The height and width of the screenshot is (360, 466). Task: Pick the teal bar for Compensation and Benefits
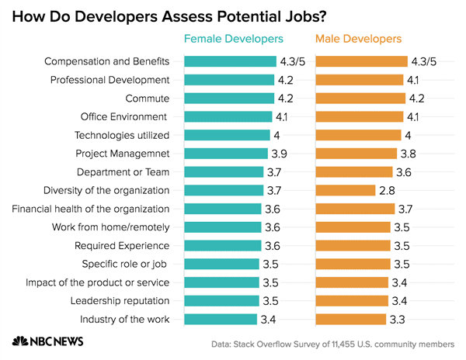(229, 61)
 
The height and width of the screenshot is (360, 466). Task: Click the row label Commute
(148, 98)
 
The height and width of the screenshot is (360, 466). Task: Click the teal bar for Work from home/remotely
(222, 227)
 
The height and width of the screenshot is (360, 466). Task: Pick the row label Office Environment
(125, 116)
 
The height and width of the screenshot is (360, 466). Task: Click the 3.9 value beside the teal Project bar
(279, 153)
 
